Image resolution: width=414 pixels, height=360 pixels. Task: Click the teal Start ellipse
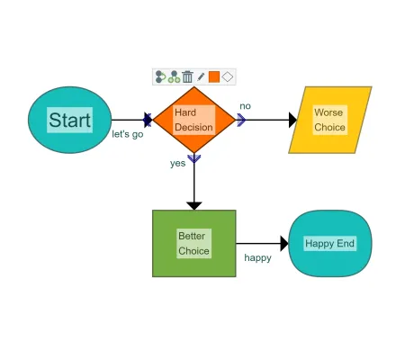pyautogui.click(x=69, y=120)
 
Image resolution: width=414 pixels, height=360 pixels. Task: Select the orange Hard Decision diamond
pyautogui.click(x=193, y=120)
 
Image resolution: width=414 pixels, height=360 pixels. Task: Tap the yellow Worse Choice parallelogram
pyautogui.click(x=329, y=120)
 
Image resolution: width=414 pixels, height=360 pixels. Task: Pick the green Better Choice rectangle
pyautogui.click(x=193, y=244)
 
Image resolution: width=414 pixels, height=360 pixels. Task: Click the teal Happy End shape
pyautogui.click(x=329, y=243)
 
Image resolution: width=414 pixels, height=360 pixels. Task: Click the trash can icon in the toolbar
pyautogui.click(x=187, y=77)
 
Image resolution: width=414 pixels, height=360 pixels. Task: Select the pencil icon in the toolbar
pyautogui.click(x=201, y=77)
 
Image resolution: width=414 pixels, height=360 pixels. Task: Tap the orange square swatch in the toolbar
pyautogui.click(x=214, y=77)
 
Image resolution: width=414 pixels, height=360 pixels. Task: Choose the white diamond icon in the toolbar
pyautogui.click(x=228, y=77)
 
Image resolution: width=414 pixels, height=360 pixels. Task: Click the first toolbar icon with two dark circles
pyautogui.click(x=160, y=77)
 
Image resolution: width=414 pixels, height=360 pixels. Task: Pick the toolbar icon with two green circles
pyautogui.click(x=174, y=77)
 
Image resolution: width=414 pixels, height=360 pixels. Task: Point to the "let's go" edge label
pyautogui.click(x=127, y=134)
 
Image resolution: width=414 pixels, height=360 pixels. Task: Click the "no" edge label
pyautogui.click(x=245, y=106)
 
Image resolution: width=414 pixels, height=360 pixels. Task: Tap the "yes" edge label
pyautogui.click(x=177, y=163)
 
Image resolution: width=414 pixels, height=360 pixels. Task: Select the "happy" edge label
pyautogui.click(x=258, y=257)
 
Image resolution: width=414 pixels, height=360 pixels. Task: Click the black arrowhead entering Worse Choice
pyautogui.click(x=291, y=120)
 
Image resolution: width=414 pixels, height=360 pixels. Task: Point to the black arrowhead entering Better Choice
pyautogui.click(x=193, y=205)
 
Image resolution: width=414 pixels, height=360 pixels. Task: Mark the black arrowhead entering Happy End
pyautogui.click(x=283, y=243)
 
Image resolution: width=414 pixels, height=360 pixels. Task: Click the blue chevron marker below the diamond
pyautogui.click(x=193, y=159)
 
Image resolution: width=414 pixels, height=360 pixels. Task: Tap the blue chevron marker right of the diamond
pyautogui.click(x=241, y=120)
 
